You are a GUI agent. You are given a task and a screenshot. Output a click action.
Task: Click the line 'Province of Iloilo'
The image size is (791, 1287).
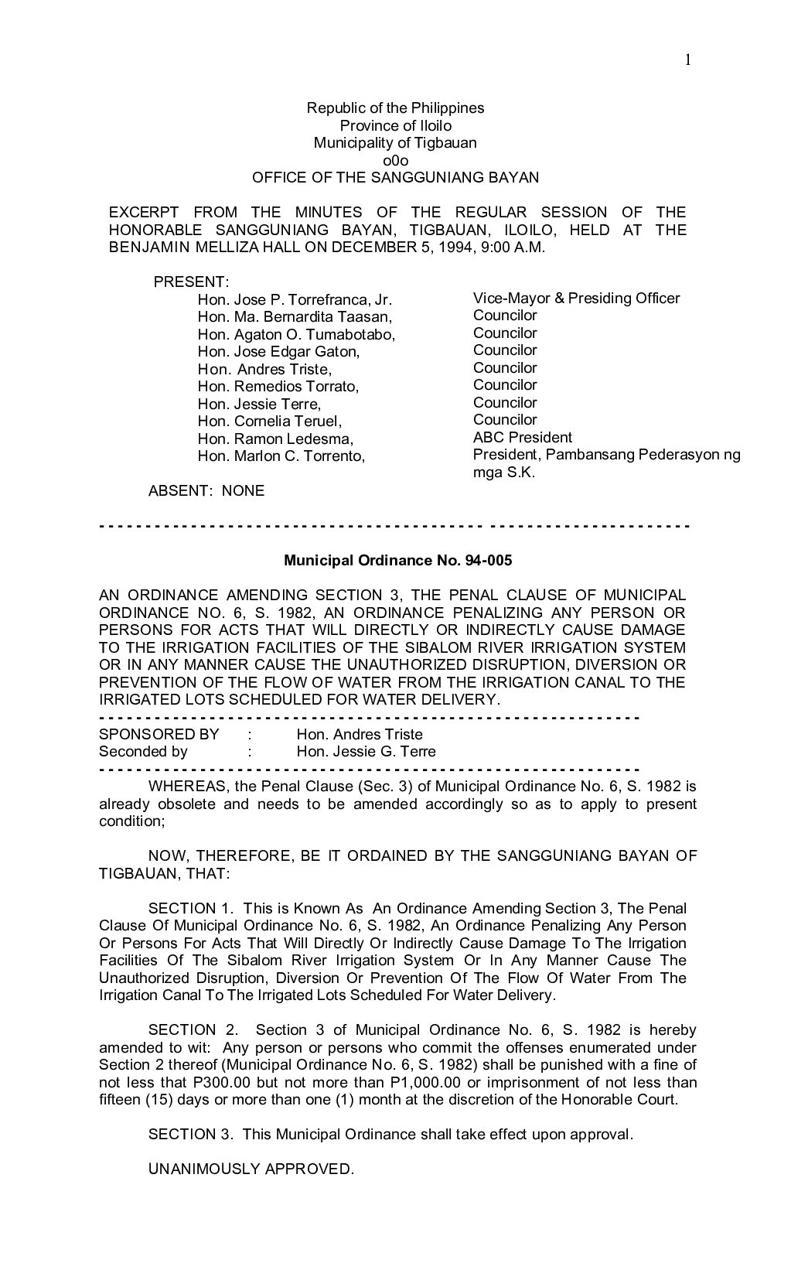[395, 125]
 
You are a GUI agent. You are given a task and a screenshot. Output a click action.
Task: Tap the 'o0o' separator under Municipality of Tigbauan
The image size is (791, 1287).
[395, 160]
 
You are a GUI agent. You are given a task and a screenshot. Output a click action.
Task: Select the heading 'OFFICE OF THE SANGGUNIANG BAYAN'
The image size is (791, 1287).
[395, 177]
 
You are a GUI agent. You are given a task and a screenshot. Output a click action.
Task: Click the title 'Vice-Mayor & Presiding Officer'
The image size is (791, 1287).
[576, 298]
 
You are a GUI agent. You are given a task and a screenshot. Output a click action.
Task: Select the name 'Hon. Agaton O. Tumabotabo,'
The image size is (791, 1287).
[297, 334]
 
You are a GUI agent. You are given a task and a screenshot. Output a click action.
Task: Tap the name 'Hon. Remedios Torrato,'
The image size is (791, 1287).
[278, 386]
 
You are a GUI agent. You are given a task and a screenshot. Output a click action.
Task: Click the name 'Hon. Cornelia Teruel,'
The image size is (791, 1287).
[270, 421]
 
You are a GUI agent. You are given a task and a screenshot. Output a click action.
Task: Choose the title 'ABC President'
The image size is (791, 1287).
[523, 437]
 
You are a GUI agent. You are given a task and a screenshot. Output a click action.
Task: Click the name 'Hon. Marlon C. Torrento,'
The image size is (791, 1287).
[281, 456]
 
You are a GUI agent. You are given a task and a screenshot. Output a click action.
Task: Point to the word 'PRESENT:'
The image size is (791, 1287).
[192, 282]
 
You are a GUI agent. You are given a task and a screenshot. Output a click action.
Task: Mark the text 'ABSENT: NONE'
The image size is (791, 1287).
[206, 490]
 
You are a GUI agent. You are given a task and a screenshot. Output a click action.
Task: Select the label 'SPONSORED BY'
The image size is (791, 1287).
[159, 734]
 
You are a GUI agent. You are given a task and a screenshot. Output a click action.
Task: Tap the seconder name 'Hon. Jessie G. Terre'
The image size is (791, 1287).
[367, 751]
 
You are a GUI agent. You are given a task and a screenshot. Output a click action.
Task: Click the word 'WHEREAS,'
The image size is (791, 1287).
[186, 787]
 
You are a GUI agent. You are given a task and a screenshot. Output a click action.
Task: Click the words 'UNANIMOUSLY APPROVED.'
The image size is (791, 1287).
[251, 1169]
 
